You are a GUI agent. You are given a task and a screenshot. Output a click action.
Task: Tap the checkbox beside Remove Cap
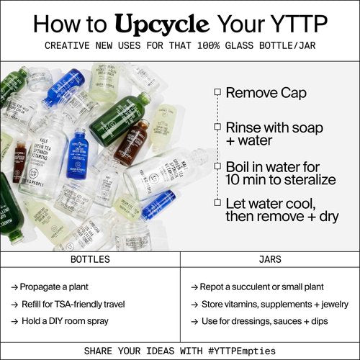pos(216,92)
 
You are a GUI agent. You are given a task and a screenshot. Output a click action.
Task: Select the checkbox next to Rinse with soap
pos(216,126)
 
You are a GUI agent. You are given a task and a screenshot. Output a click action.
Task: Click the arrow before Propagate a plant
pos(15,286)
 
